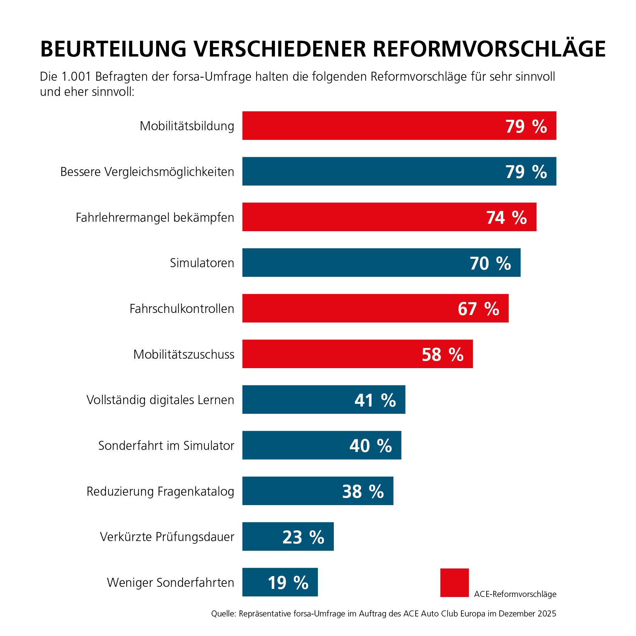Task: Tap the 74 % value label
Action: point(506,217)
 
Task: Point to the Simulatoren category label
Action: point(202,263)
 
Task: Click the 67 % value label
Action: point(478,309)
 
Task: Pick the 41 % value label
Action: point(375,400)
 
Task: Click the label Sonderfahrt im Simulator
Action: point(166,446)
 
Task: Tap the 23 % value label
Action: point(303,537)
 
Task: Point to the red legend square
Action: point(454,583)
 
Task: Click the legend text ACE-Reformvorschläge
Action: point(515,594)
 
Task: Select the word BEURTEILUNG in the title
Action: point(113,49)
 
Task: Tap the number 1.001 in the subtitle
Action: point(76,77)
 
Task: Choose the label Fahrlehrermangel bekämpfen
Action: point(155,217)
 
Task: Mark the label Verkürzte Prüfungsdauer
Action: point(167,537)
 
